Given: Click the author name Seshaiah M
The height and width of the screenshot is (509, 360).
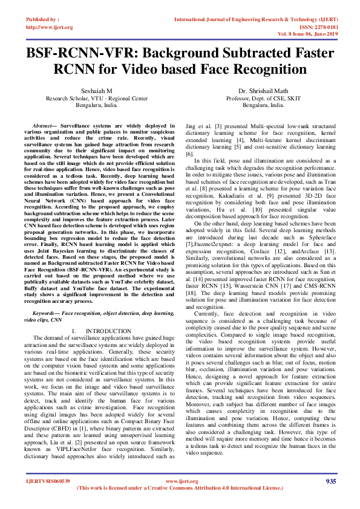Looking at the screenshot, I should click(96, 91).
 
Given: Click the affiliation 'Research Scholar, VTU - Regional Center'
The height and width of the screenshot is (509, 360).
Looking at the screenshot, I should click(96, 98).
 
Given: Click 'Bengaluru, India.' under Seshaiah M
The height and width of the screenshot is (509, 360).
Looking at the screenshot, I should click(96, 105).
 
